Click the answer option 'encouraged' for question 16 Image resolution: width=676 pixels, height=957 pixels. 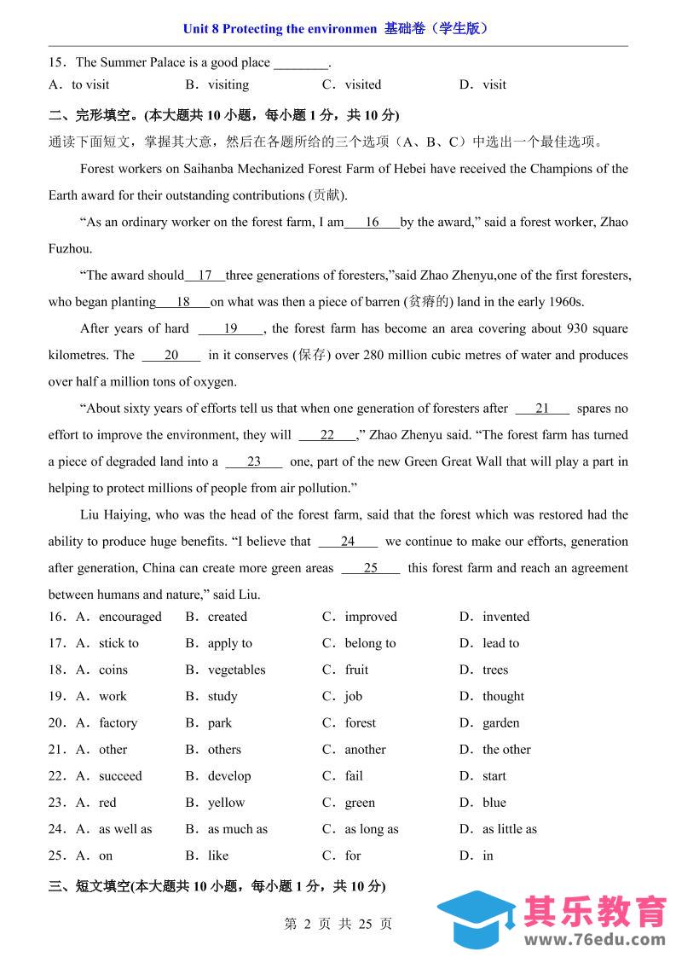click(130, 617)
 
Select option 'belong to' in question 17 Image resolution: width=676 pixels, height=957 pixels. click(370, 643)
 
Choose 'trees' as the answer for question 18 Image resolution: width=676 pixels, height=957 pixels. click(495, 670)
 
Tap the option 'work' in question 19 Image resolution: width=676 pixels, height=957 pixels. click(113, 696)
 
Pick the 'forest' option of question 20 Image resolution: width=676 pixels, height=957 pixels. click(360, 722)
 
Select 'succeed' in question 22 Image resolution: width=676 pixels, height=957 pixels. click(120, 775)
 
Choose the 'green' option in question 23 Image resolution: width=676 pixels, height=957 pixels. click(360, 802)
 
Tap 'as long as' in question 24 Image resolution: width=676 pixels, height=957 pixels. click(372, 828)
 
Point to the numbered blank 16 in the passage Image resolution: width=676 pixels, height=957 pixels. click(373, 223)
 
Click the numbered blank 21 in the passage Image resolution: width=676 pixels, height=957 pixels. click(542, 409)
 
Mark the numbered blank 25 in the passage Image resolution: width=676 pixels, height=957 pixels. click(371, 568)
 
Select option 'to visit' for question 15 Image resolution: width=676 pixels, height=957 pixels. click(90, 84)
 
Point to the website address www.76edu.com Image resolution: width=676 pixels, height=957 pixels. click(594, 940)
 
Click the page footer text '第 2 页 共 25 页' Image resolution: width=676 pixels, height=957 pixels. click(338, 924)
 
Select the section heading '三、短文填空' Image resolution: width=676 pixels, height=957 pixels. click(88, 886)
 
